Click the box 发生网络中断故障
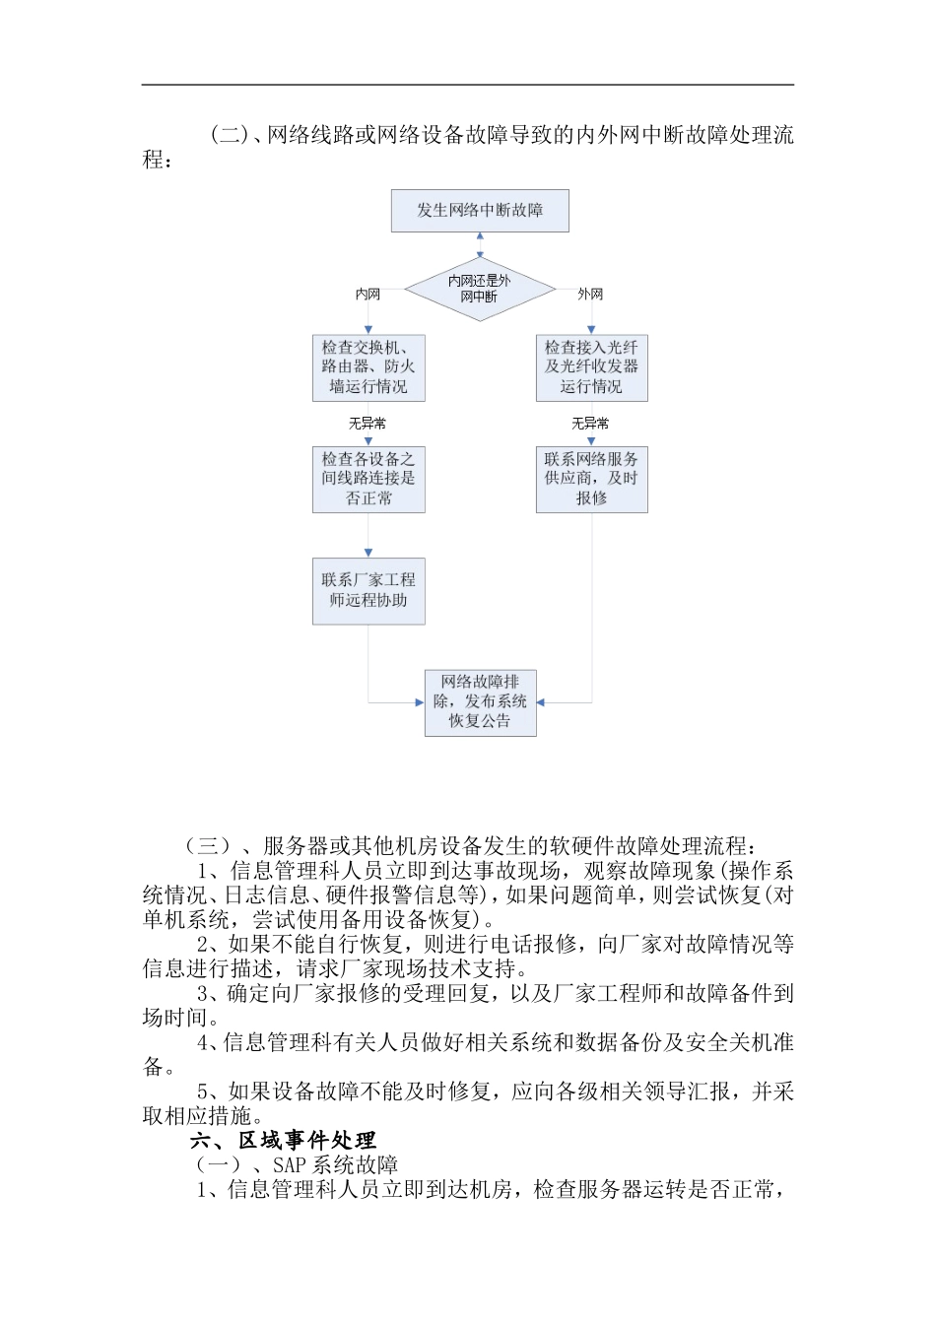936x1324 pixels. [480, 211]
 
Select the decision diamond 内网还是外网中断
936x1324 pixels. [480, 289]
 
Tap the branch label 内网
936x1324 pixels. [368, 294]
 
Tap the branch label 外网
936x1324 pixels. [590, 294]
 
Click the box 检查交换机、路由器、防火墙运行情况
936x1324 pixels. [368, 368]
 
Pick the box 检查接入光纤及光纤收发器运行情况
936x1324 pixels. [591, 368]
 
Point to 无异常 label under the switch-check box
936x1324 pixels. [368, 424]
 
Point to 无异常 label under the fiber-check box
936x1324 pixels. [590, 424]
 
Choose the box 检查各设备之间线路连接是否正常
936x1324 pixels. [368, 480]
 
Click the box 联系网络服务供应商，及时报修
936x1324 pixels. [591, 480]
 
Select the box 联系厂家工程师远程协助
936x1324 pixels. [368, 591]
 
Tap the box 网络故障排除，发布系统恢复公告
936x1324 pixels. [480, 702]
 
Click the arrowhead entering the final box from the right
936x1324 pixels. [541, 702]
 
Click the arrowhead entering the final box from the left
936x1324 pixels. [421, 702]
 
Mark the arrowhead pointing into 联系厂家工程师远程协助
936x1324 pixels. [368, 554]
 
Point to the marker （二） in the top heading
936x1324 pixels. [229, 135]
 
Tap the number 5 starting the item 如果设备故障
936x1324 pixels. [203, 1092]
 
